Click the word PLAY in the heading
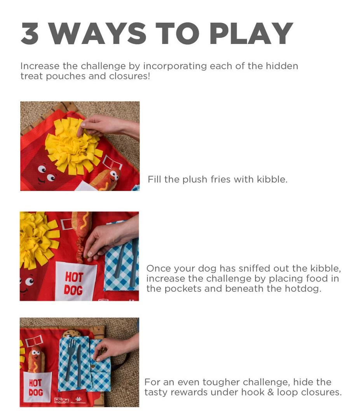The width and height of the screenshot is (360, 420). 251,33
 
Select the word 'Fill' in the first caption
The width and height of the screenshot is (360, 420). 154,180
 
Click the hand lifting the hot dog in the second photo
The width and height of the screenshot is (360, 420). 109,237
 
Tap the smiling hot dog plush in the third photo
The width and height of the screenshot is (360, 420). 35,358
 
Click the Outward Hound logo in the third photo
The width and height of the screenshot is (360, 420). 62,400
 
